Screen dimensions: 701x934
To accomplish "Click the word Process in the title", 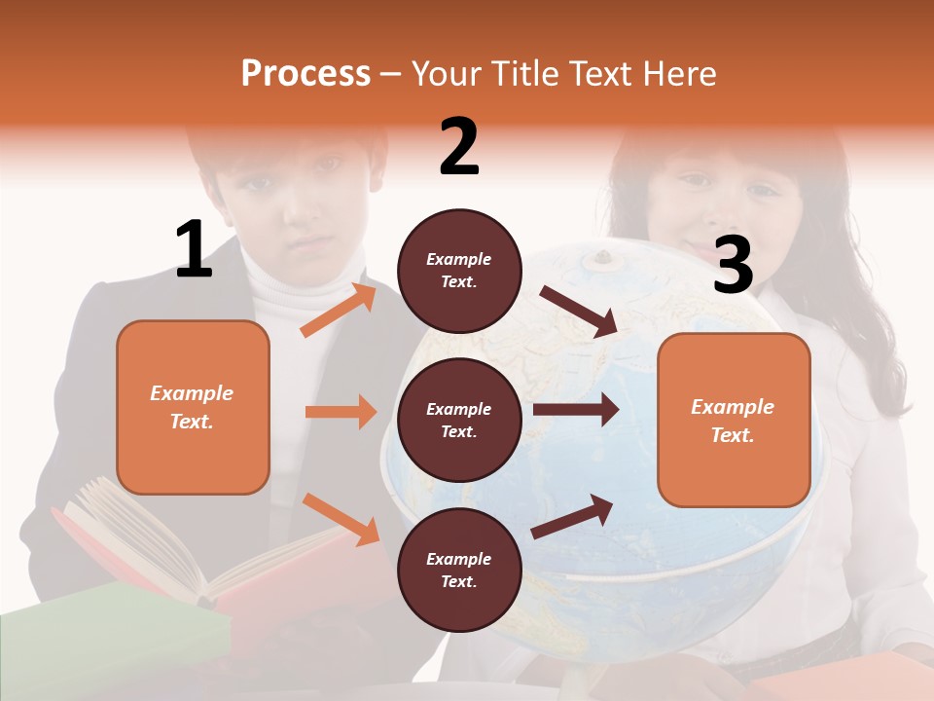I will [x=305, y=73].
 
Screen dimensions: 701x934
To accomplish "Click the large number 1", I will [x=194, y=249].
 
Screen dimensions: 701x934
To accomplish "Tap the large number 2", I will [x=459, y=147].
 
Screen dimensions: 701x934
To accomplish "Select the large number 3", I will [x=733, y=265].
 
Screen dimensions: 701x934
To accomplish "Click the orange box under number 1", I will [x=193, y=407].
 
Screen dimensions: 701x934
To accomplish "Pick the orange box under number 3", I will [x=734, y=420].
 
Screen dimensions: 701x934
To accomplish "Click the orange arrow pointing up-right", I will [x=339, y=310].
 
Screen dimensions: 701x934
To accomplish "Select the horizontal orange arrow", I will [x=341, y=412].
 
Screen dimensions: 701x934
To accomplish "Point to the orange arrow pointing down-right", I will [x=341, y=518].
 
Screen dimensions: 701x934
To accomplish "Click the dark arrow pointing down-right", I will [x=578, y=312].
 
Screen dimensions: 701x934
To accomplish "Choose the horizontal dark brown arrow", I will [x=576, y=409].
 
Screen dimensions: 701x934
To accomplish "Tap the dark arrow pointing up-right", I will [x=572, y=517].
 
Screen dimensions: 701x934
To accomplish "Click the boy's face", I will [x=292, y=204].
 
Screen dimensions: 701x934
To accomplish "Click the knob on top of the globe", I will [x=603, y=257].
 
